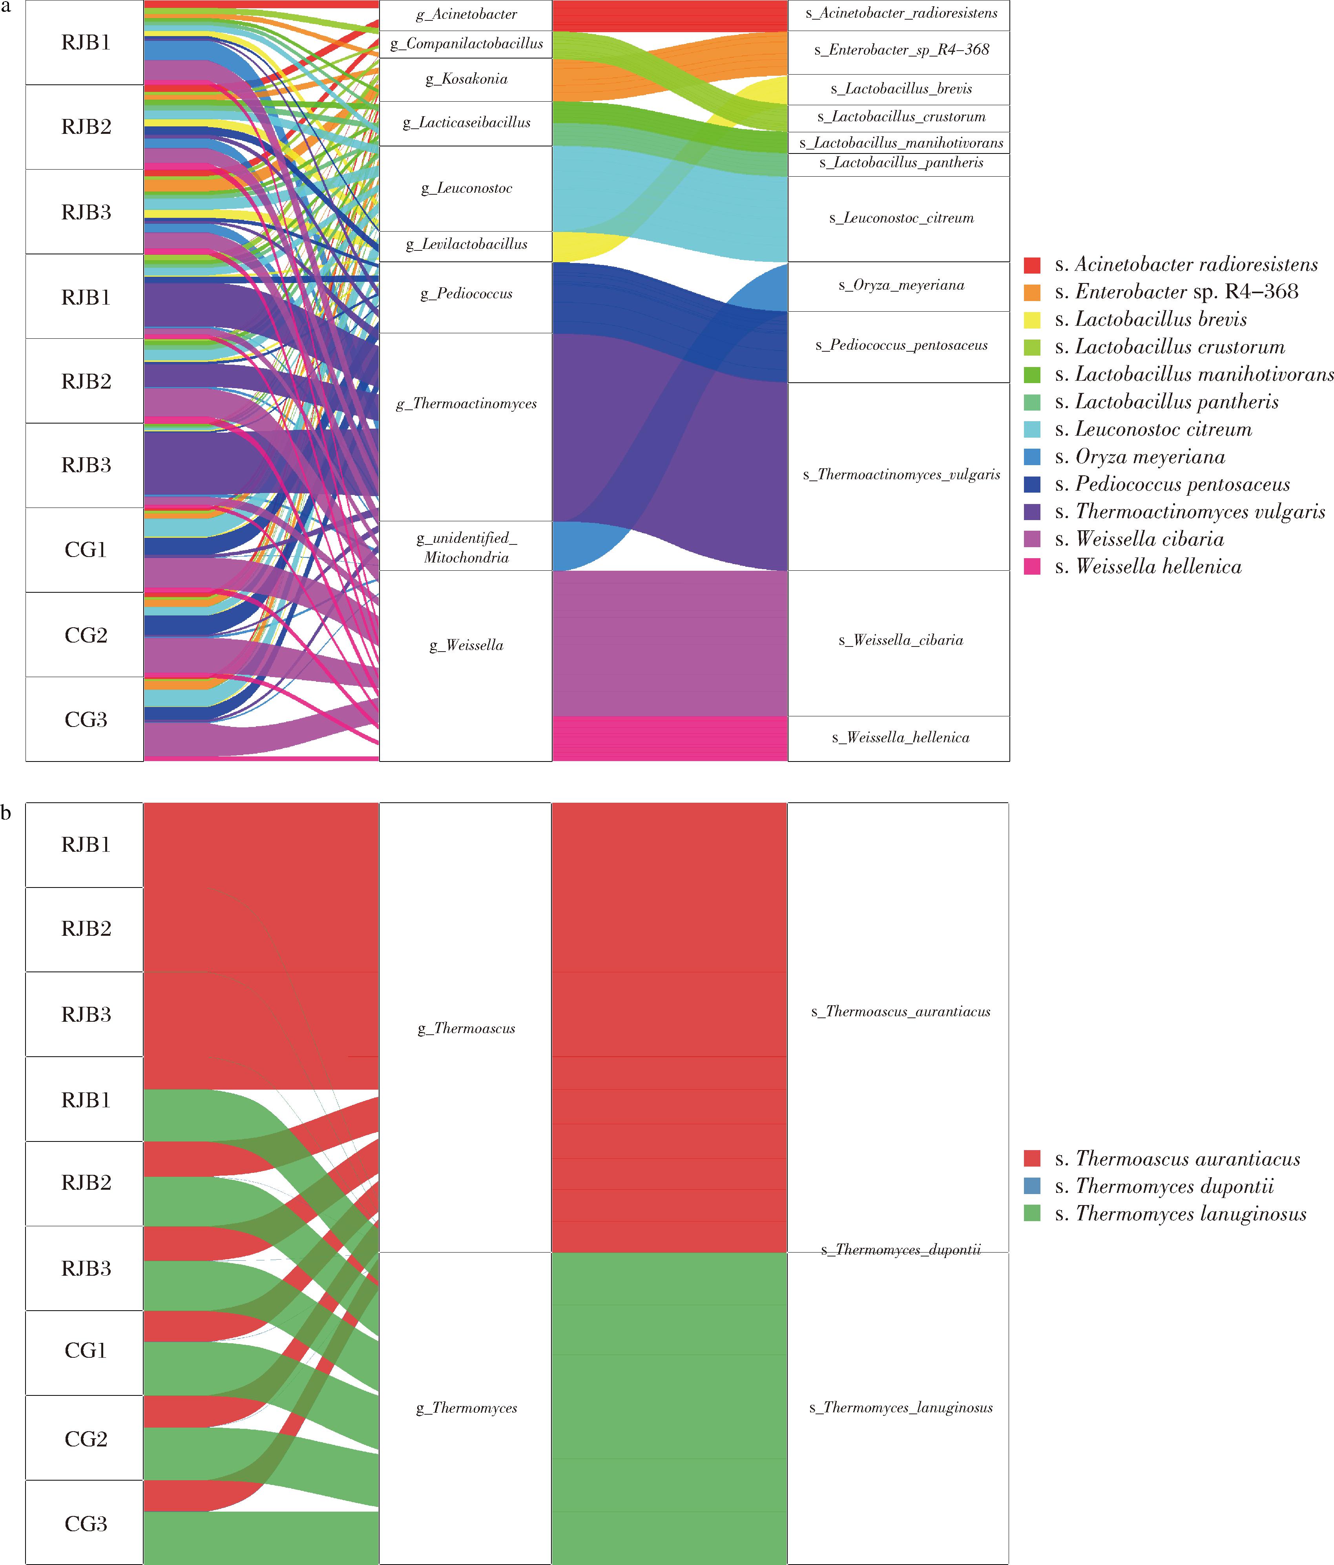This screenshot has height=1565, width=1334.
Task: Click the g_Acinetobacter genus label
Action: [466, 15]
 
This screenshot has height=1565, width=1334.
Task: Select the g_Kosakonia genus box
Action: [466, 79]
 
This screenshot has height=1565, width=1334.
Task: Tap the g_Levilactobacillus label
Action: [466, 245]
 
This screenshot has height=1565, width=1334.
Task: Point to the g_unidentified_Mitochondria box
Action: [466, 547]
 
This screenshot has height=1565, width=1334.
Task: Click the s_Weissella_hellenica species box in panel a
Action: [899, 738]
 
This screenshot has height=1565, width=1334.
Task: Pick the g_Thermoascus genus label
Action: [466, 1029]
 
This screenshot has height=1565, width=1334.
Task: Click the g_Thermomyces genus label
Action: [466, 1408]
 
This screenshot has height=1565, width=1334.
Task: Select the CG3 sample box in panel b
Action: [85, 1523]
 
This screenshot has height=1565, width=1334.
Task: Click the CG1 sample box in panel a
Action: [85, 550]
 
